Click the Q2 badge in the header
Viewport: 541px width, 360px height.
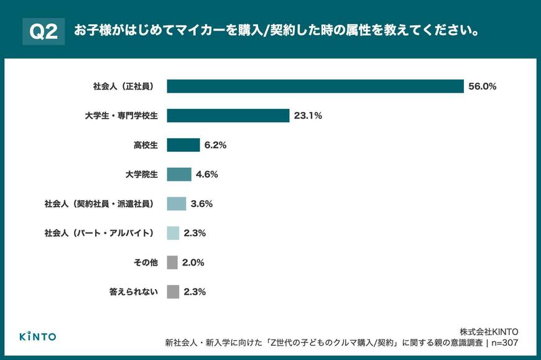pos(44,32)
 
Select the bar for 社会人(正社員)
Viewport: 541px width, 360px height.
pos(315,86)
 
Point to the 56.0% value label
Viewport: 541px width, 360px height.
pos(483,87)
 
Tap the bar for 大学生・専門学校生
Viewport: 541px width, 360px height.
pos(228,116)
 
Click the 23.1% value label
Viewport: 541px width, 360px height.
pos(308,116)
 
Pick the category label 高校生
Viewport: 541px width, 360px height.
pos(146,145)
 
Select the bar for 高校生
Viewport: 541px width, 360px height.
pos(183,145)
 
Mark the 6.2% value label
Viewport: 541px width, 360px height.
pos(215,145)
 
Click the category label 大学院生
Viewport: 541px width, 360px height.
pos(142,175)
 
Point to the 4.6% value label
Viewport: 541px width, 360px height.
pos(206,175)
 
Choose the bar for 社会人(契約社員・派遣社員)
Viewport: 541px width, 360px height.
pos(177,203)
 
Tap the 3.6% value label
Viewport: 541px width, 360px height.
pos(201,204)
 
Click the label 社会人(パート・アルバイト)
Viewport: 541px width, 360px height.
pos(99,233)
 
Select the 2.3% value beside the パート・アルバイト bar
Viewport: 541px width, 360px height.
pos(195,233)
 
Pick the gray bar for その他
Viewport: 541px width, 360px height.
pos(173,262)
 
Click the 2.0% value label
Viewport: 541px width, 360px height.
pos(193,262)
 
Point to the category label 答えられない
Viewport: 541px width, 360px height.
pos(133,292)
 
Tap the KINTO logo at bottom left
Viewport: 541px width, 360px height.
pos(37,336)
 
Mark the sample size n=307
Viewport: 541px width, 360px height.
pos(505,343)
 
